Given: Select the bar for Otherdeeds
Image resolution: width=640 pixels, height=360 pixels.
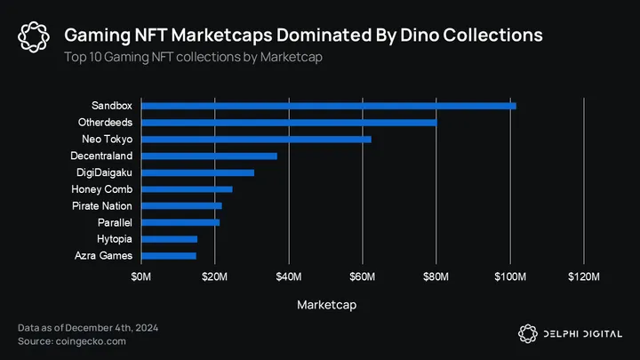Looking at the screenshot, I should [x=289, y=123].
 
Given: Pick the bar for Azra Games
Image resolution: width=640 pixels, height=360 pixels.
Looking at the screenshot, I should [x=168, y=256].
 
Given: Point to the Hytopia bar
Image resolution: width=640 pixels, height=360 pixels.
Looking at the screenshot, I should [x=169, y=239].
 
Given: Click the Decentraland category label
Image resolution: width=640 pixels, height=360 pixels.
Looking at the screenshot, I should [x=101, y=156].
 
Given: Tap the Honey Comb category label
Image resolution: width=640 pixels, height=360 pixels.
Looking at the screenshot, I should [x=102, y=189].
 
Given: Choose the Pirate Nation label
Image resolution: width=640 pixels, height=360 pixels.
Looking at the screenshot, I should [x=102, y=206].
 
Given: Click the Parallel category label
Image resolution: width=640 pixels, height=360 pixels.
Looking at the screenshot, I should [x=115, y=222].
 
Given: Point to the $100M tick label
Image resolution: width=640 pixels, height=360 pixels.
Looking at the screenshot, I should [x=510, y=280].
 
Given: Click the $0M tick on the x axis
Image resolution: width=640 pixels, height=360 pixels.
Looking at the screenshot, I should [x=141, y=280].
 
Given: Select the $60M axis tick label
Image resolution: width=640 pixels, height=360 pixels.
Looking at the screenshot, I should [x=363, y=280].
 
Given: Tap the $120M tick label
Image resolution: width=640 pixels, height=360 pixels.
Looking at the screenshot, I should [x=584, y=280].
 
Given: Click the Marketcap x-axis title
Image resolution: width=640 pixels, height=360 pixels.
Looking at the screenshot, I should [x=326, y=305].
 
